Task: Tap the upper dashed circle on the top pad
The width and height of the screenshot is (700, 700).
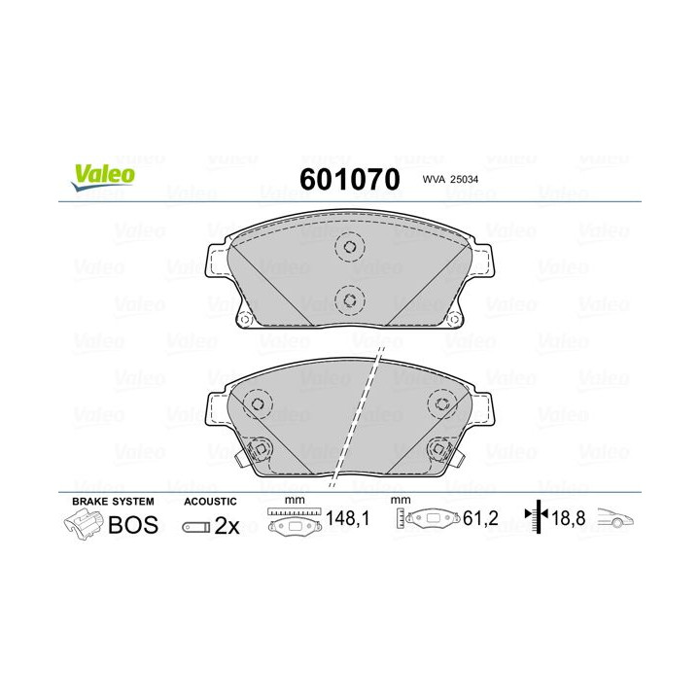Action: [x=348, y=248]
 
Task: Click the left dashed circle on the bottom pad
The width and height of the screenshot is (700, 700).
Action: [x=257, y=402]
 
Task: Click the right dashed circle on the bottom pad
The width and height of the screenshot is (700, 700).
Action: [x=441, y=403]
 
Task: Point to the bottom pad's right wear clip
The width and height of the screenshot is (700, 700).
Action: [x=440, y=449]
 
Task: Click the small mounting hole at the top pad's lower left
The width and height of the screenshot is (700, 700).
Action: [x=246, y=318]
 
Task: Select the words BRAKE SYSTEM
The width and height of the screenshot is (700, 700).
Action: [x=112, y=501]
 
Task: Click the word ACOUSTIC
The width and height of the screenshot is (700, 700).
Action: [x=209, y=501]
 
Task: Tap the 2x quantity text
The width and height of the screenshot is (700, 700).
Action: [x=227, y=525]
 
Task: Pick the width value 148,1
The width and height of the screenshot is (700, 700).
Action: [x=347, y=519]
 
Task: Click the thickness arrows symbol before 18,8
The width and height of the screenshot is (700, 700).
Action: [x=536, y=519]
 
